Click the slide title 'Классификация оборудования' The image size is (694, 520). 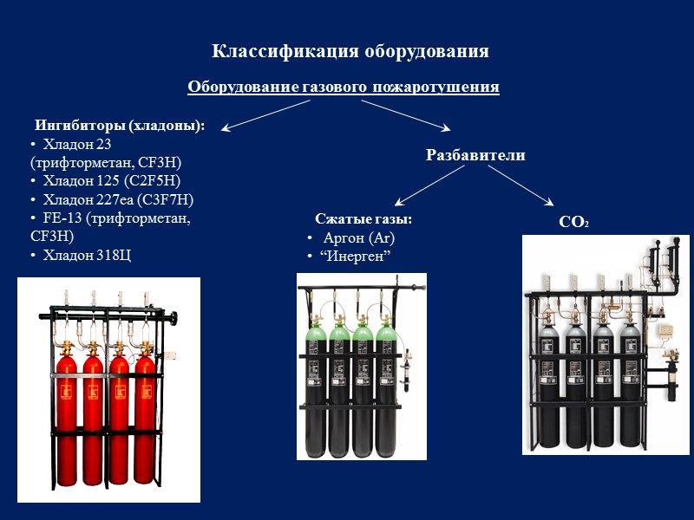pos(350,51)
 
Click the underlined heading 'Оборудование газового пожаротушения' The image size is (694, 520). pos(344,87)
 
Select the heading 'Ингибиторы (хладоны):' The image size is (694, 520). pos(119,126)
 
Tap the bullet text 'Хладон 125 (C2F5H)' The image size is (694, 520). pos(111,180)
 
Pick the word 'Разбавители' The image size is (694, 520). pos(475,155)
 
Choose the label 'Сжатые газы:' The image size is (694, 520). pos(363,219)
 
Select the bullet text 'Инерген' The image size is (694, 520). pos(358,257)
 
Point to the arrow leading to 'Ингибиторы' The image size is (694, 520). pos(265,115)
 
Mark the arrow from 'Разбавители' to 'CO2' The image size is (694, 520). pos(520,186)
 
